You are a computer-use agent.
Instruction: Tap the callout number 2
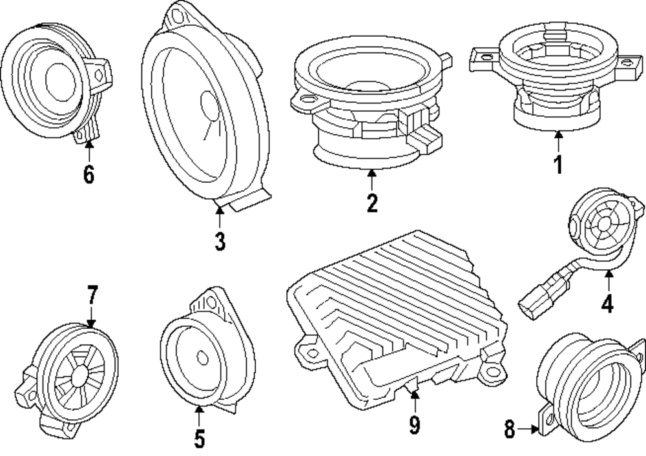click(371, 202)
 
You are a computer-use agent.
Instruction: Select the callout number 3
click(220, 242)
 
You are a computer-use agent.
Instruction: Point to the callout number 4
click(607, 303)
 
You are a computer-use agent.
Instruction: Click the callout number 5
click(199, 439)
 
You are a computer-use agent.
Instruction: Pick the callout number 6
click(89, 174)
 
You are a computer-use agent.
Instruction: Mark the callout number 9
click(414, 424)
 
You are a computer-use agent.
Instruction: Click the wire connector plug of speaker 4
click(534, 302)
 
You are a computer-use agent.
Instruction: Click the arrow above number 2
click(371, 178)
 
